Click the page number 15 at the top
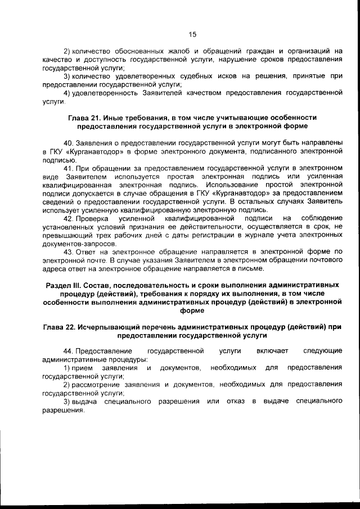click(192, 34)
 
